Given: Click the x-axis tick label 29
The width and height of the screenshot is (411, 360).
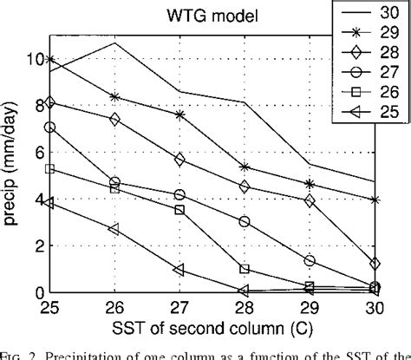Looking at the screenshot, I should click(x=310, y=306).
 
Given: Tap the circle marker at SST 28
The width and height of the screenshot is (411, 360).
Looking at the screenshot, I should click(x=245, y=222).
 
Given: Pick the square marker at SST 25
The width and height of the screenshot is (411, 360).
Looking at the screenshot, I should click(x=49, y=169).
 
